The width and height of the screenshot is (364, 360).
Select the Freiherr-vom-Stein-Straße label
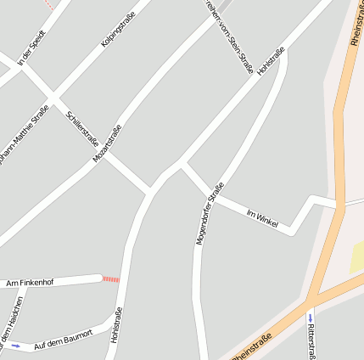pos(229,36)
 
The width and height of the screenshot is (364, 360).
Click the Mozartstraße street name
pos(108,143)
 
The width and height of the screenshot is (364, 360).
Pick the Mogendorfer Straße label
pos(208,214)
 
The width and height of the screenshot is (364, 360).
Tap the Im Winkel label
pos(262,217)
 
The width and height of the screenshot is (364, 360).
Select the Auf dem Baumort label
pos(63,340)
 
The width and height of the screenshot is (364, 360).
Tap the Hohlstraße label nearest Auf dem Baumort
pos(116,324)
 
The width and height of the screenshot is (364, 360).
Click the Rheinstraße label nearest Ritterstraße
pos(252,347)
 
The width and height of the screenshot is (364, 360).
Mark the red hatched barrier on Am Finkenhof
pos(111,278)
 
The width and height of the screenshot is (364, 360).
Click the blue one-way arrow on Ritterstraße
pos(311,318)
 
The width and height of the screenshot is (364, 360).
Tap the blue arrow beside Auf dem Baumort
pos(14,346)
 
